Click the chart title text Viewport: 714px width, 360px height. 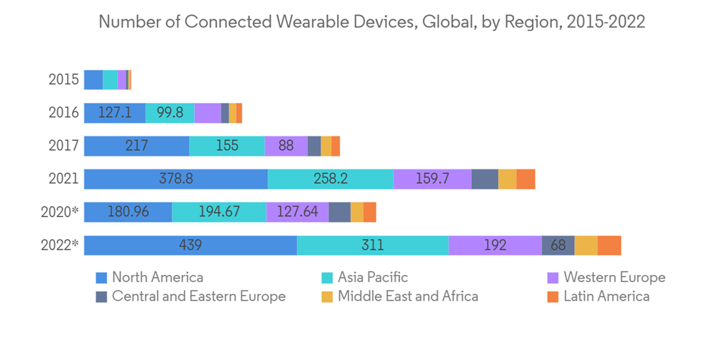tap(371, 22)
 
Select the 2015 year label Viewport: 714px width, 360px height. tap(64, 80)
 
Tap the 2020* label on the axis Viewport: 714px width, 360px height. tap(61, 212)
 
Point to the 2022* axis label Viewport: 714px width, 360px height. tap(61, 245)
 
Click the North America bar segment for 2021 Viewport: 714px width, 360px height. tap(176, 179)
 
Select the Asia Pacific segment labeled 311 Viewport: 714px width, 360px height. tap(372, 245)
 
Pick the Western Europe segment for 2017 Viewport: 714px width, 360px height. tap(286, 146)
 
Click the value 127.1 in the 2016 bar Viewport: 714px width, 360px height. tap(114, 113)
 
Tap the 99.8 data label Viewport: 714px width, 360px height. tap(170, 113)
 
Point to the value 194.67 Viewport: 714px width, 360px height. tap(218, 212)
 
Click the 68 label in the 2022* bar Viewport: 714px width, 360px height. tap(558, 245)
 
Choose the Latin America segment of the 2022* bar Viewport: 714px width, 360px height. tap(609, 245)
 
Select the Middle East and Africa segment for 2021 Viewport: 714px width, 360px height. tap(507, 179)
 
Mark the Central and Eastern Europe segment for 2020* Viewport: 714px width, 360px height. tap(339, 212)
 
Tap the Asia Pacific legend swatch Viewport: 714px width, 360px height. tap(327, 278)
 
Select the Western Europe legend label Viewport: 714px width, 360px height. tap(614, 277)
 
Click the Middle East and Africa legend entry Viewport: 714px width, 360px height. tap(408, 296)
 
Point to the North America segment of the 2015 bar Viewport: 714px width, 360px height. tap(93, 80)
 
